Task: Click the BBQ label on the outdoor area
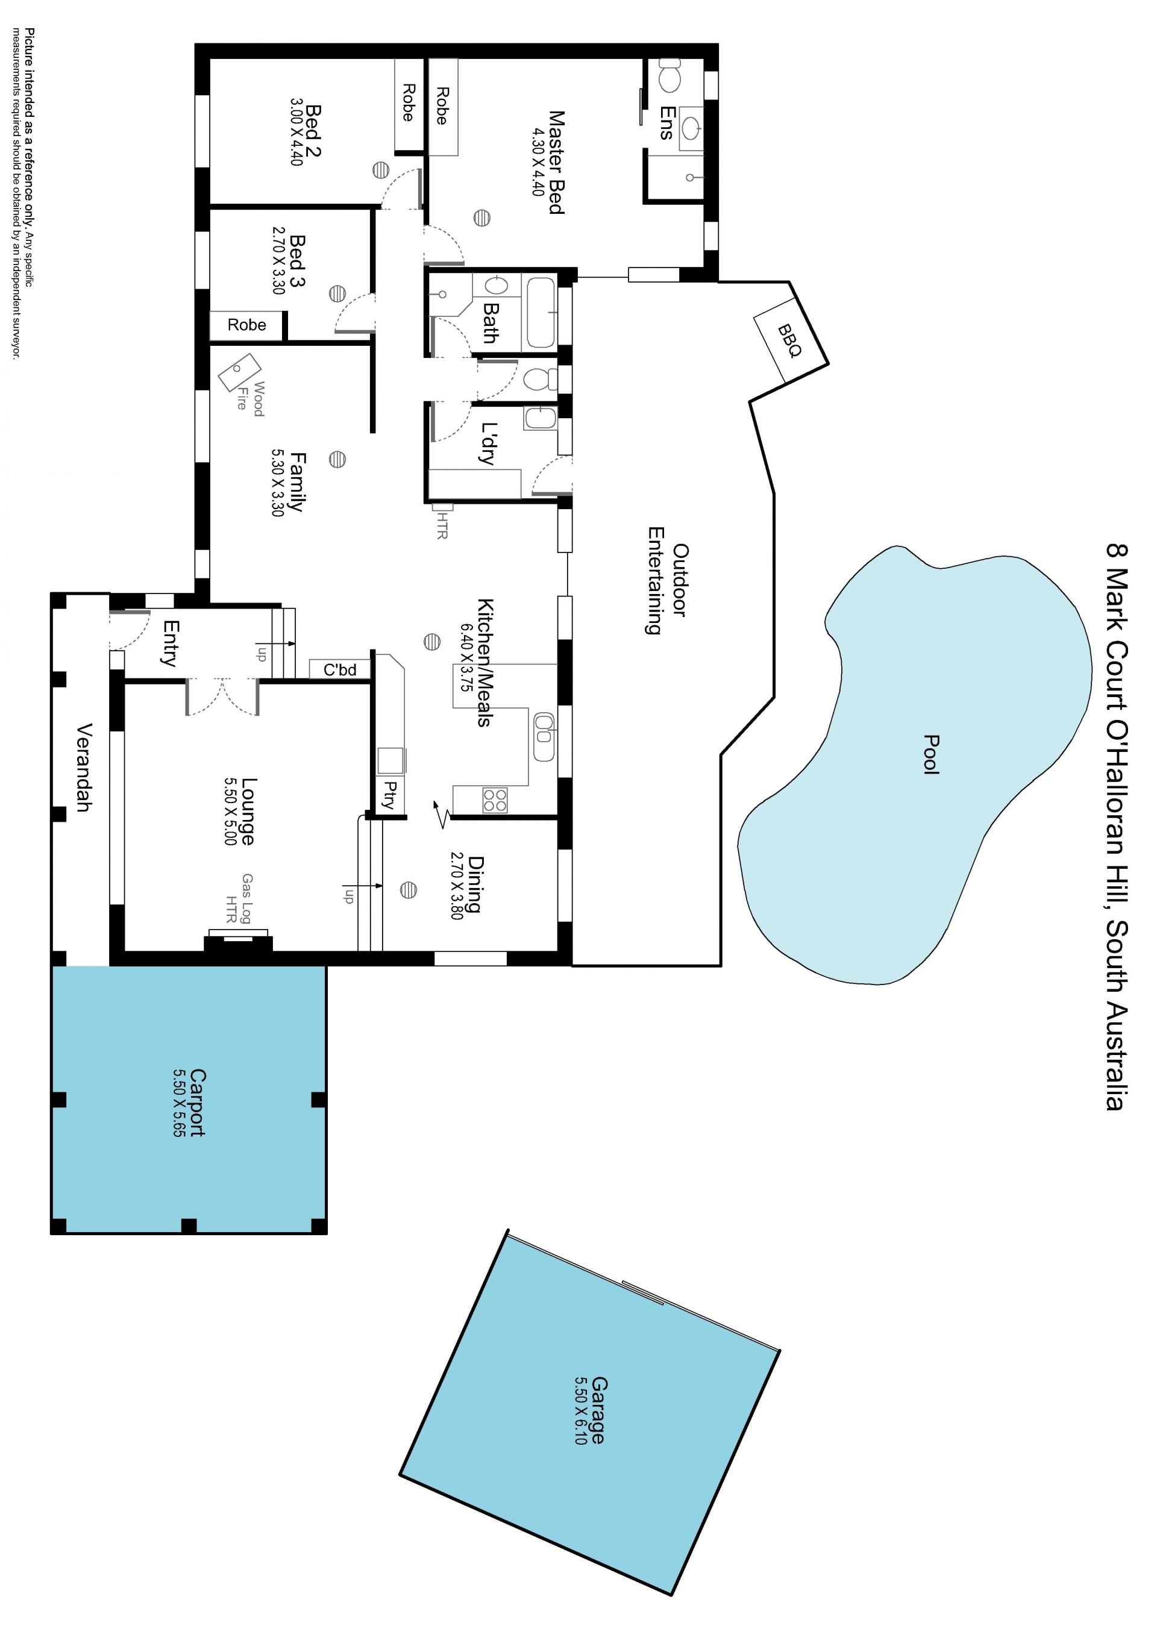click(x=789, y=340)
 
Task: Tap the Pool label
click(x=931, y=754)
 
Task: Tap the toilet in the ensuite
click(x=669, y=76)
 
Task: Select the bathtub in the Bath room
click(x=541, y=313)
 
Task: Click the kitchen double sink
click(x=544, y=737)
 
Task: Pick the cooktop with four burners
click(x=495, y=800)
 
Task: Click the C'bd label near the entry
click(x=340, y=669)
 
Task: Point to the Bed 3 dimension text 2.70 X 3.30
click(x=279, y=260)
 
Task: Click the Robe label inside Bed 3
click(x=246, y=325)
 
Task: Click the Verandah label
click(x=84, y=767)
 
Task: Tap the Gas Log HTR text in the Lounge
click(x=239, y=898)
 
